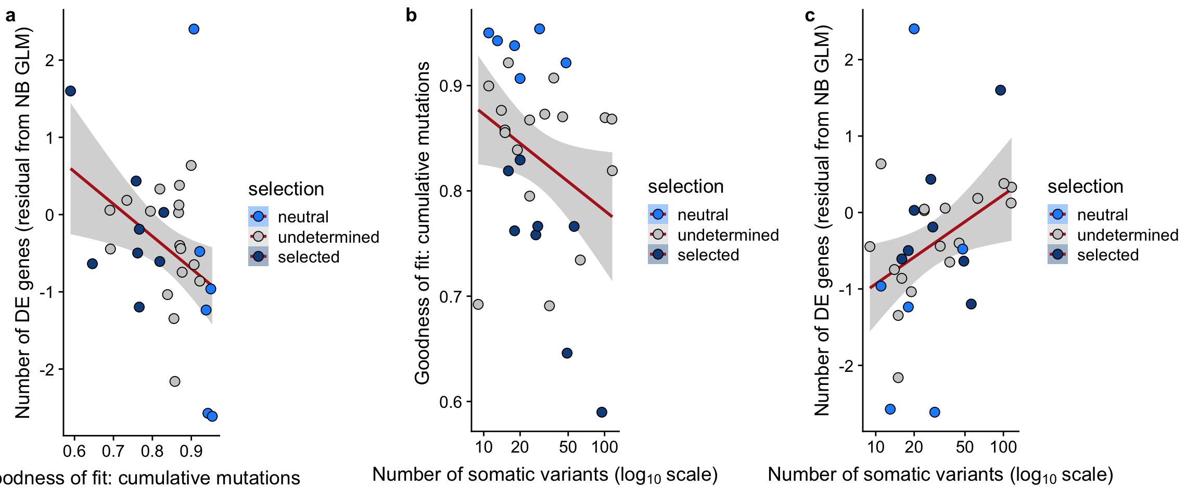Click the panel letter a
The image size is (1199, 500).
(10, 16)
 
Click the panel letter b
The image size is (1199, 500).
(411, 16)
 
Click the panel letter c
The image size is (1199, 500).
(810, 16)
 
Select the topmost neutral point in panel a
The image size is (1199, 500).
(194, 29)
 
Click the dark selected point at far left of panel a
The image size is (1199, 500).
(71, 91)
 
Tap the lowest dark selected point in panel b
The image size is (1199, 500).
(602, 412)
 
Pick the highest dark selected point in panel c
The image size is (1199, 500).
(1000, 90)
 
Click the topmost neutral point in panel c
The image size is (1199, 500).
(914, 29)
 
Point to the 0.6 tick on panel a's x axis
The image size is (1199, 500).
(74, 451)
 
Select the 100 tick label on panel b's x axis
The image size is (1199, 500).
(604, 447)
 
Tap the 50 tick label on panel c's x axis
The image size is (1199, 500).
(965, 447)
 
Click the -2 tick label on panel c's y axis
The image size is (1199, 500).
(847, 366)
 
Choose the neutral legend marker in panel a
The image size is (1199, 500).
(258, 216)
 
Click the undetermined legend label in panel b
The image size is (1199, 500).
(728, 235)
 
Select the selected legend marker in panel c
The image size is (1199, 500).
(1057, 255)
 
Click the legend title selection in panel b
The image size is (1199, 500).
(685, 186)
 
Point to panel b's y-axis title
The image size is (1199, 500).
(423, 223)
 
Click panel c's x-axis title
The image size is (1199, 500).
(940, 475)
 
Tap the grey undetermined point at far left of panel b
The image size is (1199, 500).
(478, 304)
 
